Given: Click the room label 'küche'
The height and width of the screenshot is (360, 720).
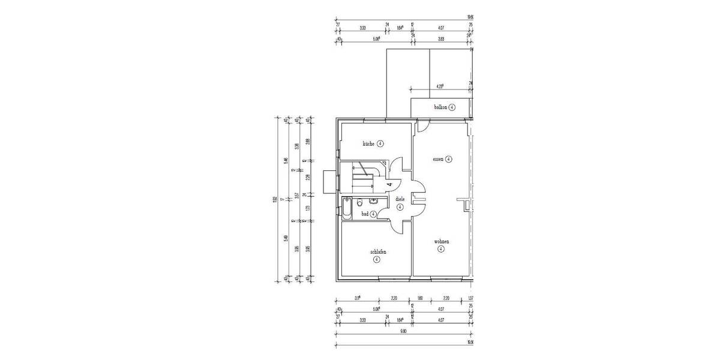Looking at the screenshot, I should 368,144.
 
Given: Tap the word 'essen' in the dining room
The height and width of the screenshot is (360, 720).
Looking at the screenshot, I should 439,160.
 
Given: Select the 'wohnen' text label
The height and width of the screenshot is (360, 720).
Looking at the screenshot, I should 442,241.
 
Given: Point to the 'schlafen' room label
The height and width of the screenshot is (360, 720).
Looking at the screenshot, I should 378,252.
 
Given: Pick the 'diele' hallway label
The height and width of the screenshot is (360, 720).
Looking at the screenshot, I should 400,199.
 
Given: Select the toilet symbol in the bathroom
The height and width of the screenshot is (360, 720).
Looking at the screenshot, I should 359,203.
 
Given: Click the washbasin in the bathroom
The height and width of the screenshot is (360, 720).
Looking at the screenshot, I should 374,201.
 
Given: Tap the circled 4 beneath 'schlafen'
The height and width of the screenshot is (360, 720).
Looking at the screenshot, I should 376,260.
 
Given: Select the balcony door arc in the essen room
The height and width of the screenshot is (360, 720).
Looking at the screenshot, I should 422,127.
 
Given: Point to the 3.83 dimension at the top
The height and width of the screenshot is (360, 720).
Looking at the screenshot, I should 441,39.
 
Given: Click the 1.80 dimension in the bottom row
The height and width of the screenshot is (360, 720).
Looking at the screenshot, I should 420,298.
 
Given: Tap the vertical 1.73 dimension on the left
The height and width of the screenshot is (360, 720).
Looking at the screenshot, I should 307,208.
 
